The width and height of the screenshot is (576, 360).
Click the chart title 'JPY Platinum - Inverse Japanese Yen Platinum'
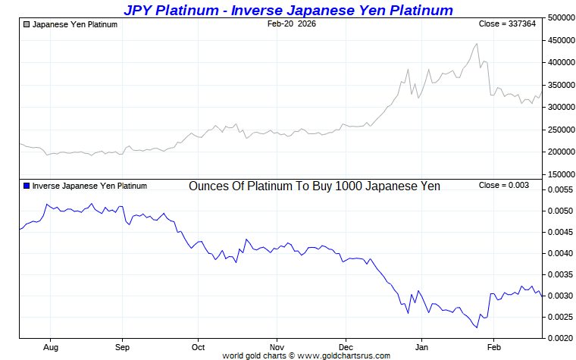(288, 10)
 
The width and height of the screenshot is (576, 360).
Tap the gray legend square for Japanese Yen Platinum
(27, 24)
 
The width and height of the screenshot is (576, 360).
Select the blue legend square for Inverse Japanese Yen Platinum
(27, 186)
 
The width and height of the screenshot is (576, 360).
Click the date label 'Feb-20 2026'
(292, 24)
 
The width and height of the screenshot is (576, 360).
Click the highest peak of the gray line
(477, 43)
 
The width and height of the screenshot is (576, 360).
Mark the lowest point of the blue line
(477, 327)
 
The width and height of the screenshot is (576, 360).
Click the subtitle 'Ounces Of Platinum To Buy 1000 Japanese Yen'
(314, 186)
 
